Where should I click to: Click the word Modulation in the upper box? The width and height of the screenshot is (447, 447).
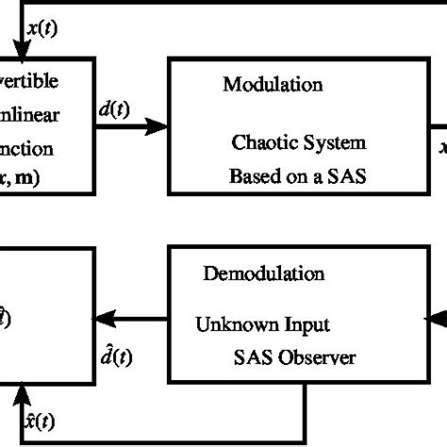pos(273,85)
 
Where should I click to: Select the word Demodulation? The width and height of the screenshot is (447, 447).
pos(264,274)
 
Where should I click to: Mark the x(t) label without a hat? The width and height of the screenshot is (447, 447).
pos(41,28)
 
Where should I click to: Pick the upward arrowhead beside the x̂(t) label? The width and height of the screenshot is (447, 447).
pos(18,392)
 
